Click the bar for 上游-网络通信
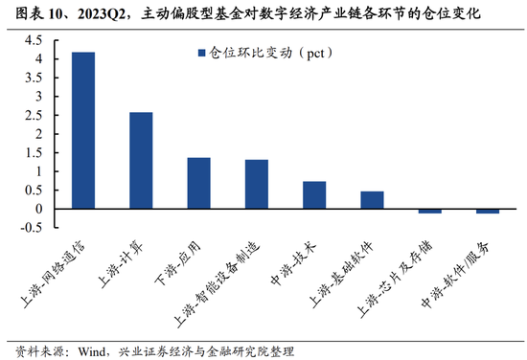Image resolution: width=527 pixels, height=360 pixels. point(83,130)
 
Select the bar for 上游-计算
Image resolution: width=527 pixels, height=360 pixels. point(141,160)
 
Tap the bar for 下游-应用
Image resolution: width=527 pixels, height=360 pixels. point(198,183)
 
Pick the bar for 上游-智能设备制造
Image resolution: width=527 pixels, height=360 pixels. point(256,184)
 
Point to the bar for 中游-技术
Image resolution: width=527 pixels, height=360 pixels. point(314,194)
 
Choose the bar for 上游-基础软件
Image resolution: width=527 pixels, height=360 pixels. point(372,200)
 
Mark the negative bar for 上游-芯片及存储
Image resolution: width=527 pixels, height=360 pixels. point(429,211)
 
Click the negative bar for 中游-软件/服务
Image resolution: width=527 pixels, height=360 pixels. point(487,211)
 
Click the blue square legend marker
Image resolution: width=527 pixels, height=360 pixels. point(202,54)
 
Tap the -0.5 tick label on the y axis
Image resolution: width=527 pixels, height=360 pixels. point(32,227)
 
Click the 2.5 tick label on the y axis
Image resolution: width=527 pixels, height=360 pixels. point(34,115)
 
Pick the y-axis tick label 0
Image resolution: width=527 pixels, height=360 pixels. point(40,209)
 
